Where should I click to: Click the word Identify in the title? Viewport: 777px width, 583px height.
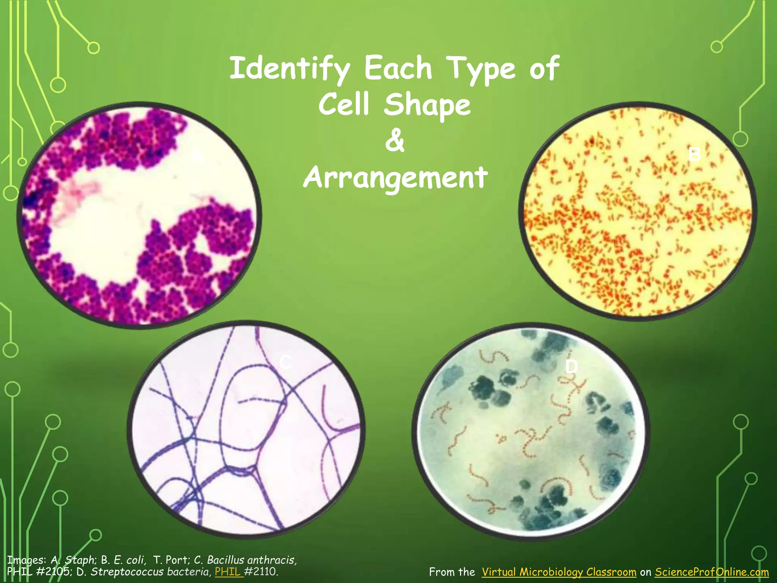point(289,68)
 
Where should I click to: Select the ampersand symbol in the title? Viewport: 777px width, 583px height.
point(395,140)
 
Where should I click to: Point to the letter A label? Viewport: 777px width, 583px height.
point(197,156)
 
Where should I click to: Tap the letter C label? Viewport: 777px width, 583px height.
point(285,362)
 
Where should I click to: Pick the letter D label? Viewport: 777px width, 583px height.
point(571,367)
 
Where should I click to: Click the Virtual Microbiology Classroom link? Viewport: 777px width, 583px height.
point(559,572)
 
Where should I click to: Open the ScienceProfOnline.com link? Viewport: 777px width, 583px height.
point(712,572)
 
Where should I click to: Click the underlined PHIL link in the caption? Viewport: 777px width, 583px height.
point(228,571)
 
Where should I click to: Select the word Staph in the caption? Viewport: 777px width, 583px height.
point(80,560)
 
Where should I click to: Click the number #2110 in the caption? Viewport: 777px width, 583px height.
point(261,571)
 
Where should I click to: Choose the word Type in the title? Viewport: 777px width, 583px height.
point(481,68)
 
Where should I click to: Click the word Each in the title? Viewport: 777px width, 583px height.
point(398,68)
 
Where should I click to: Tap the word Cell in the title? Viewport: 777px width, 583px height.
point(343,105)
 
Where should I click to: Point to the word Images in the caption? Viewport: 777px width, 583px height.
point(27,560)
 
